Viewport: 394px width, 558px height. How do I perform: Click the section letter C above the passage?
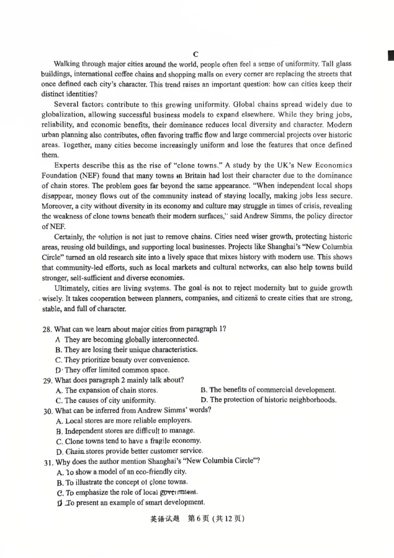pyautogui.click(x=196, y=54)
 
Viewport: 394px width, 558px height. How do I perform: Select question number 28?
pyautogui.click(x=48, y=329)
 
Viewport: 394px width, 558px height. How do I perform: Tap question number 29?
pyautogui.click(x=48, y=380)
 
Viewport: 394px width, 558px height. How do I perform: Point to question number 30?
pyautogui.click(x=48, y=410)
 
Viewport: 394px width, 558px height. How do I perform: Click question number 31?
pyautogui.click(x=48, y=461)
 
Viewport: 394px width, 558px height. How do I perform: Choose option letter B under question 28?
pyautogui.click(x=59, y=349)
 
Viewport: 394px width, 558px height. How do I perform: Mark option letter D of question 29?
pyautogui.click(x=204, y=400)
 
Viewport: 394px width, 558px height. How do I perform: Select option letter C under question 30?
pyautogui.click(x=59, y=441)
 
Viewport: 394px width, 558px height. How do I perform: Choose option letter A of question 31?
pyautogui.click(x=59, y=472)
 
